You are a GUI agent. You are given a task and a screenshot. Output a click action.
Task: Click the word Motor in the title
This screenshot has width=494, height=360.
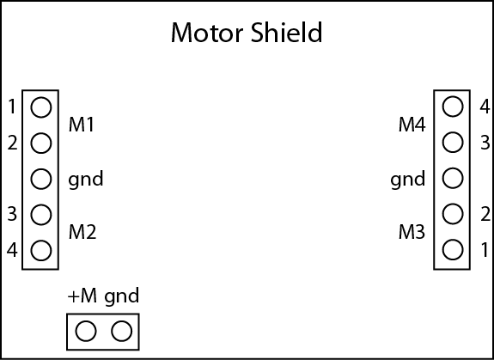[x=207, y=33]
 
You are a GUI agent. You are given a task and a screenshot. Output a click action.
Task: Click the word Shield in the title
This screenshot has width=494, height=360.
[x=287, y=32]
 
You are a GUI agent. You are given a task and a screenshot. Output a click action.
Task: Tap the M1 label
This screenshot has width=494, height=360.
[x=81, y=125]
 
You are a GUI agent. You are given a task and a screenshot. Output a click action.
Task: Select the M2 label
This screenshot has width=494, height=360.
[x=82, y=232]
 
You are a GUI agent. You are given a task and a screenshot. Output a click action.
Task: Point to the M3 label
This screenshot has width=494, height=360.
[x=412, y=232]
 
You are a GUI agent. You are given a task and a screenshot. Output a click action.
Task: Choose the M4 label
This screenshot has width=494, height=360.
[x=412, y=125]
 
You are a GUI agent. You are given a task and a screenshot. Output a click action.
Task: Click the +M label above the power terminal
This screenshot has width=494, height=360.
[x=82, y=296]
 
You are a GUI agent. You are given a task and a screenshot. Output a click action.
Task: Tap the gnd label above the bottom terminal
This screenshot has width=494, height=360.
[x=122, y=297]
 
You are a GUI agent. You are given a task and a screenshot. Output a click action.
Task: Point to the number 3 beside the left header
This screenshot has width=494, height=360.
[x=12, y=214]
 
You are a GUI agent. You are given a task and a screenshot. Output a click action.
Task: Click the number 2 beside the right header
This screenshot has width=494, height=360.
[x=485, y=214]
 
